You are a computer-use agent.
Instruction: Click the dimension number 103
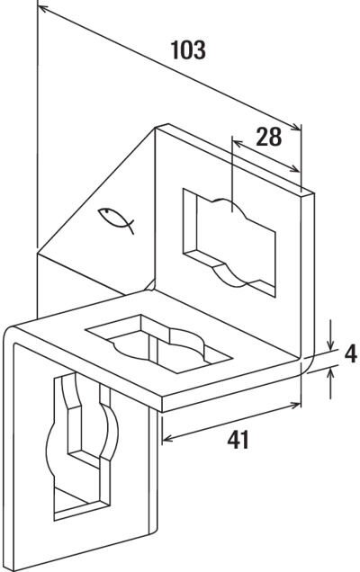click(x=188, y=50)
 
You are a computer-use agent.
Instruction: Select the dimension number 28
click(x=269, y=137)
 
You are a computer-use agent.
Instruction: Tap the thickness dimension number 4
click(x=350, y=353)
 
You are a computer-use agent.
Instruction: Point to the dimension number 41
click(x=238, y=439)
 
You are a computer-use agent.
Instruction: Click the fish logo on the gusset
click(x=116, y=219)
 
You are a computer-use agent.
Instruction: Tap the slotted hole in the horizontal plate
click(x=158, y=344)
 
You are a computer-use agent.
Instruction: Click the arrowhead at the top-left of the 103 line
click(x=43, y=9)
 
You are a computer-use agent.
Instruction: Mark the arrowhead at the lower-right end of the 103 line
click(x=296, y=128)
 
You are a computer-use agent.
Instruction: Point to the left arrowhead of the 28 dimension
click(x=238, y=143)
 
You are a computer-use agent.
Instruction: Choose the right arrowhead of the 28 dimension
click(x=295, y=168)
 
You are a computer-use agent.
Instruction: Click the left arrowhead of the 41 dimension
click(x=168, y=438)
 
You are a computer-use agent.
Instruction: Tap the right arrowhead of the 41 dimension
click(x=295, y=404)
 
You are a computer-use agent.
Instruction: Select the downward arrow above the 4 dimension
click(x=330, y=335)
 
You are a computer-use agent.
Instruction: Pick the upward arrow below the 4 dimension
click(x=331, y=383)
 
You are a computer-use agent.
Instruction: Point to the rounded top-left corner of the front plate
click(x=10, y=331)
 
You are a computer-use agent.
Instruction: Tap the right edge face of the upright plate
click(x=309, y=277)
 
